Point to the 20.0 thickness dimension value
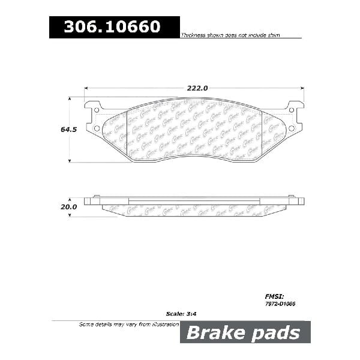point(69,206)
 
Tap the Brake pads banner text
point(245,332)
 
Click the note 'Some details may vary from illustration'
point(129,324)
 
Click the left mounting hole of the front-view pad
point(97,127)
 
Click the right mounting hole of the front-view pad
point(292,127)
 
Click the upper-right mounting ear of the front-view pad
point(295,107)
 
